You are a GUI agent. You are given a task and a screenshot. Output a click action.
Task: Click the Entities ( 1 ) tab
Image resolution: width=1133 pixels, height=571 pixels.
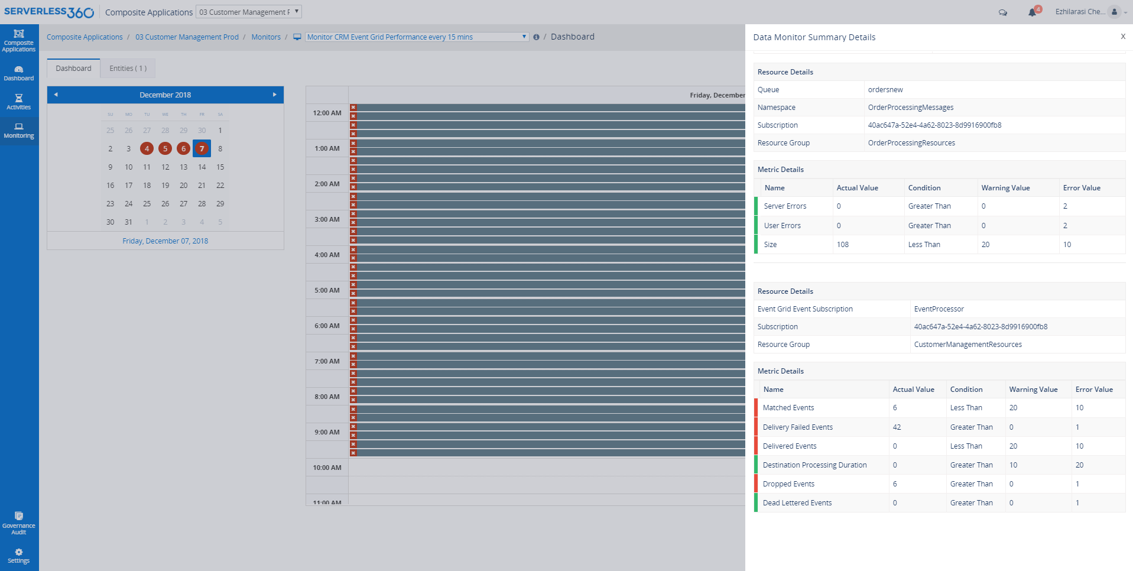(128, 69)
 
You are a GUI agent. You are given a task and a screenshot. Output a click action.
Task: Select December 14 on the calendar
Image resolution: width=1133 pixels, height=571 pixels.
(202, 167)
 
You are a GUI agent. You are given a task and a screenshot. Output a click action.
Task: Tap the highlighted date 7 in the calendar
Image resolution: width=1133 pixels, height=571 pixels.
(202, 148)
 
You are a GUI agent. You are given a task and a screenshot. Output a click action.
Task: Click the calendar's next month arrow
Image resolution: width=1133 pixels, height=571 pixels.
(274, 95)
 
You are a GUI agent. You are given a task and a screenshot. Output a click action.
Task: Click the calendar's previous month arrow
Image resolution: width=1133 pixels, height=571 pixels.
(56, 95)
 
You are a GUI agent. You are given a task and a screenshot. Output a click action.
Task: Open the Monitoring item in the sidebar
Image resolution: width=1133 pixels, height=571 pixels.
(19, 131)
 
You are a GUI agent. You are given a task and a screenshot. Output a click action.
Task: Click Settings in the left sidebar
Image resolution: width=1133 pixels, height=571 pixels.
(19, 556)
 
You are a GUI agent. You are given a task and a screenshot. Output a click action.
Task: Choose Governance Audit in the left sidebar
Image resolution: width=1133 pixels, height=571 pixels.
(19, 523)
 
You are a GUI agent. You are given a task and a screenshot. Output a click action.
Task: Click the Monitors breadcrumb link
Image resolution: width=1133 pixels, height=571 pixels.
(266, 37)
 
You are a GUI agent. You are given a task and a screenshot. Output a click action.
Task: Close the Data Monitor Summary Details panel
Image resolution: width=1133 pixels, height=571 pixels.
(1122, 37)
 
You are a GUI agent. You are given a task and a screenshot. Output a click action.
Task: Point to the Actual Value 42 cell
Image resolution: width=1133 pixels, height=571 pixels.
(897, 427)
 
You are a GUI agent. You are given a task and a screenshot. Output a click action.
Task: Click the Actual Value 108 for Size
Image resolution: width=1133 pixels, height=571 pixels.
(843, 245)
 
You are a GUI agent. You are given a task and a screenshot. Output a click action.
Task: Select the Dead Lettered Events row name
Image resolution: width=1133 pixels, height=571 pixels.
(797, 503)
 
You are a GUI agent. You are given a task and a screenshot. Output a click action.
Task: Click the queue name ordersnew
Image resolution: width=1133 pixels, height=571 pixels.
(885, 90)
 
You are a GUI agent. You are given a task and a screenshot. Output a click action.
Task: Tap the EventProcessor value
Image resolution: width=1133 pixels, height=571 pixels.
(939, 309)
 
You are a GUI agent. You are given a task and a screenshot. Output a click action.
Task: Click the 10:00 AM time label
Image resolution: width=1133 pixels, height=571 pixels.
(327, 468)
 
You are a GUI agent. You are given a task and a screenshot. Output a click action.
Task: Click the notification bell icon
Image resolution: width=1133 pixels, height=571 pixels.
(1032, 12)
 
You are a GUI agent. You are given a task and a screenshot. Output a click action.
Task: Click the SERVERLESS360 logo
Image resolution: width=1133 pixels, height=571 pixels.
(49, 12)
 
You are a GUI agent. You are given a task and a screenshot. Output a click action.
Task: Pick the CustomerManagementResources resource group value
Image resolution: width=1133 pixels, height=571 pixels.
(968, 345)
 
